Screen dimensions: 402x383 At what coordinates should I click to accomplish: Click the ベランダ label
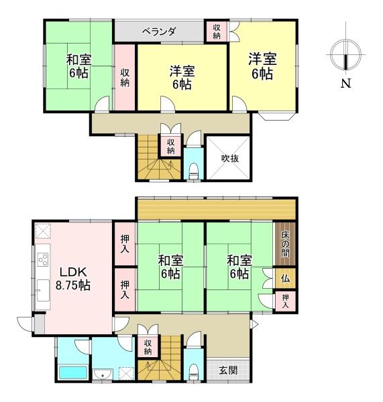coord(159,31)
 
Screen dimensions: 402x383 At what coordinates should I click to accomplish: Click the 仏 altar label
coord(285,277)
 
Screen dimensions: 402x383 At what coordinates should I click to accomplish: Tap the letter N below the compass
coord(345,84)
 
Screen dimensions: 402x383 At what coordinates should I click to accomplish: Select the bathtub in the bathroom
coord(72,373)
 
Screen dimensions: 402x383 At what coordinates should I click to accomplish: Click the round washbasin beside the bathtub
coord(103,373)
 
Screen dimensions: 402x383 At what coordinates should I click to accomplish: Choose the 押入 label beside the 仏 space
coord(286,301)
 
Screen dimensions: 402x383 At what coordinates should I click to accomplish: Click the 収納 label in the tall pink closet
coord(125,77)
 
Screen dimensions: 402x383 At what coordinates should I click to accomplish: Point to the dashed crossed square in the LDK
coord(42,230)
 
